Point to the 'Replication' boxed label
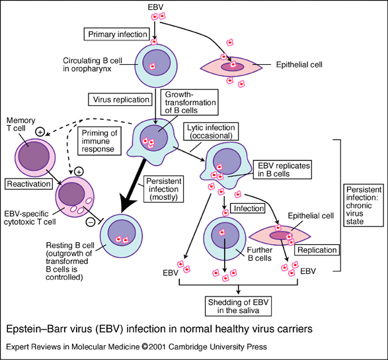[317, 250]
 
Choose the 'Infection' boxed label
[249, 208]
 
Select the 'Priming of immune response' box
[100, 140]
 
